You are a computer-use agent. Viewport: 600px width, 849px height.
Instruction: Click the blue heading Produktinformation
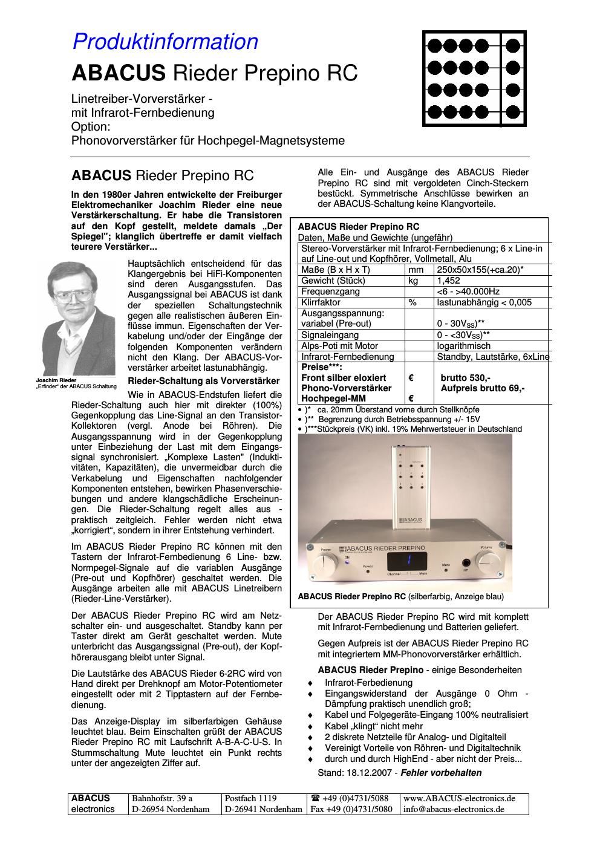[165, 42]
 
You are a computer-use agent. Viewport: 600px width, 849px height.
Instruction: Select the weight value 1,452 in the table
[448, 281]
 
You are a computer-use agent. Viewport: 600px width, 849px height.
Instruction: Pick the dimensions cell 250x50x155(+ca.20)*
[480, 270]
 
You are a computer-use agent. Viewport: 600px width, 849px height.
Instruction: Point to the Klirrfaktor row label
[321, 302]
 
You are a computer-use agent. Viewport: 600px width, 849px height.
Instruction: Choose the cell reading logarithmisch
[464, 346]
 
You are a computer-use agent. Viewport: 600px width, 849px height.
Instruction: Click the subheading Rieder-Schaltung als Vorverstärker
[204, 381]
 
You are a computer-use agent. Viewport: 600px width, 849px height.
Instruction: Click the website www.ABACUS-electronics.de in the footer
[459, 798]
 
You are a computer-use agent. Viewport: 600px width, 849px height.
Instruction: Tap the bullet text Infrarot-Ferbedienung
[368, 682]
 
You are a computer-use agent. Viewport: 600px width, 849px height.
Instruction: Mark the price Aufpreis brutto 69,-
[483, 388]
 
